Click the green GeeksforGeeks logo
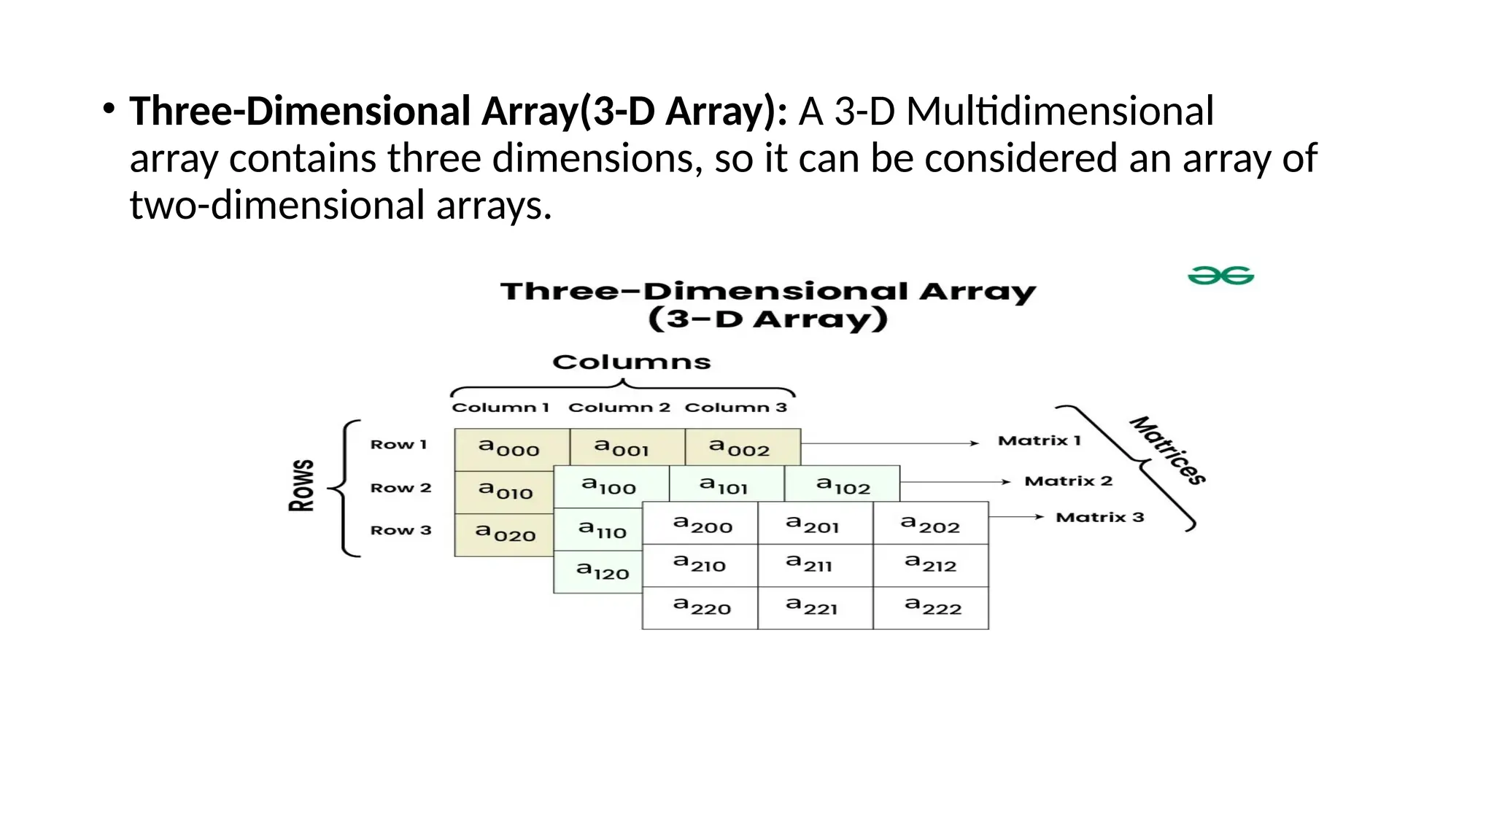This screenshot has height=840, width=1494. click(x=1220, y=276)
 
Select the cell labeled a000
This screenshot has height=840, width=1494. click(x=510, y=448)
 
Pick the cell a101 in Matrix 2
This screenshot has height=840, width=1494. click(x=724, y=486)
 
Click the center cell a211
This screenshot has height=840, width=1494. click(x=810, y=564)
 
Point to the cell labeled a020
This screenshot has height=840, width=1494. click(x=506, y=534)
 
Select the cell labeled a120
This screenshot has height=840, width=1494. click(x=603, y=571)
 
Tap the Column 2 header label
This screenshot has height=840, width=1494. click(x=619, y=408)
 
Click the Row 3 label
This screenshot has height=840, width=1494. click(x=400, y=530)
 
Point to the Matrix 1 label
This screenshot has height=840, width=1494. click(x=1039, y=440)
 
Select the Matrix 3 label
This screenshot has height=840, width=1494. click(x=1099, y=518)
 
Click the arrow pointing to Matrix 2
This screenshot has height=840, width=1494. click(x=956, y=482)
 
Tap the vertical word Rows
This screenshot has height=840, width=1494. click(x=302, y=486)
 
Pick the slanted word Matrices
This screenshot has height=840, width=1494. click(x=1168, y=450)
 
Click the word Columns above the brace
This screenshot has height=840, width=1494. click(x=631, y=362)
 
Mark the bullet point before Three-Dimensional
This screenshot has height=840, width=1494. click(x=109, y=110)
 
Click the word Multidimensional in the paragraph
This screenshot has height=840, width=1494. click(x=1060, y=112)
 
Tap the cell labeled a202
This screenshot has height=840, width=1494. click(x=931, y=525)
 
